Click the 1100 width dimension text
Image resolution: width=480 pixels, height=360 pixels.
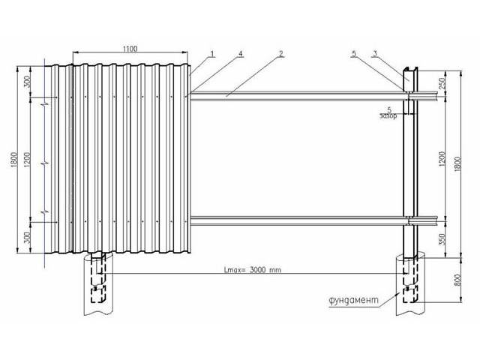point(130,49)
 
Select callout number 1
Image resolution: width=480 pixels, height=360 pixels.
point(211,54)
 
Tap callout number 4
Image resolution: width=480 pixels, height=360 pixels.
point(241,53)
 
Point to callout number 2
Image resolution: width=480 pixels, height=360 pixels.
point(281,54)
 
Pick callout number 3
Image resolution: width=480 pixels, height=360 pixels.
point(375,54)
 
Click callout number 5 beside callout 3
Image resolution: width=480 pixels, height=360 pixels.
point(354,54)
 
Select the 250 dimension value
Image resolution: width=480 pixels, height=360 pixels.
point(442,83)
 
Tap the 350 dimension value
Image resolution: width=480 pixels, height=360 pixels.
point(442,239)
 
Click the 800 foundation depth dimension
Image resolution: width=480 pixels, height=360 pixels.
point(457,280)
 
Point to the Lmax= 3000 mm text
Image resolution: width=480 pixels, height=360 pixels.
point(253,270)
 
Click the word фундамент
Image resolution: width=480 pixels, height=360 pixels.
point(353,300)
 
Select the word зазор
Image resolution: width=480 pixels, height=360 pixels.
point(388,115)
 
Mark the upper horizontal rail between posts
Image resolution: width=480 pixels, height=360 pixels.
point(297,96)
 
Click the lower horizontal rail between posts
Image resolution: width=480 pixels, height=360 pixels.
point(297,220)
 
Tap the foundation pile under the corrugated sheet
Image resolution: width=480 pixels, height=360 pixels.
point(98,283)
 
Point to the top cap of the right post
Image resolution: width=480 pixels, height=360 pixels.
point(410,68)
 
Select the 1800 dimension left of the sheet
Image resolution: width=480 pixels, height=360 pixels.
point(14,160)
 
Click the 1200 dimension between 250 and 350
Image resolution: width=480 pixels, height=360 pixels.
point(442,159)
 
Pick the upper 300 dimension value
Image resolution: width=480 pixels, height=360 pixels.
point(27,82)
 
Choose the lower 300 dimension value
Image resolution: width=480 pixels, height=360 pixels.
point(27,238)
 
